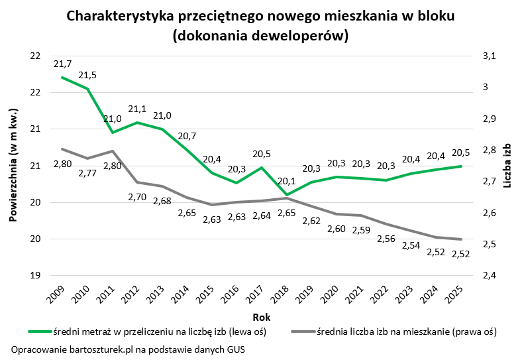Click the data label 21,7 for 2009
[x=62, y=64]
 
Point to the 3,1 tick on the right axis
[x=489, y=56]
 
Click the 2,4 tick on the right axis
[x=489, y=275]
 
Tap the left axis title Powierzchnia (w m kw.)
[x=14, y=165]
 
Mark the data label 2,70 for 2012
[x=138, y=197]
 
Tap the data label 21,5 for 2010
[x=87, y=76]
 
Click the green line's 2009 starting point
[x=62, y=78]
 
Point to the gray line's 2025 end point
[x=461, y=239]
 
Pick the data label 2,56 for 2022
[x=386, y=239]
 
